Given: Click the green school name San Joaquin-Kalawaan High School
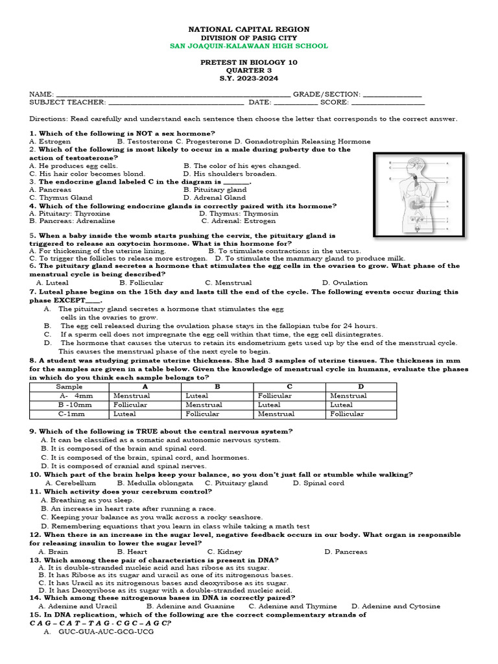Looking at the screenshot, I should [248, 46].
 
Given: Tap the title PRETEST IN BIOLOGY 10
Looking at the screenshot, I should [248, 62].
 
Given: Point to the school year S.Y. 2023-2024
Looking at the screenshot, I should [248, 78].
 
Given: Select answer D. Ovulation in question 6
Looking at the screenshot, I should [345, 283].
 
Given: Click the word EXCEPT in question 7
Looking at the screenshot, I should [70, 301].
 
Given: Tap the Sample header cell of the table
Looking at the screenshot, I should [69, 386].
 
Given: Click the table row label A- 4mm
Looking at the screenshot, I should [69, 396].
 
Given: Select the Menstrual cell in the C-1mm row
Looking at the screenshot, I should [276, 414].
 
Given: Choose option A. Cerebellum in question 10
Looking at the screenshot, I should [71, 483].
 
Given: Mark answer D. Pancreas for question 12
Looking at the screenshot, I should [346, 552].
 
